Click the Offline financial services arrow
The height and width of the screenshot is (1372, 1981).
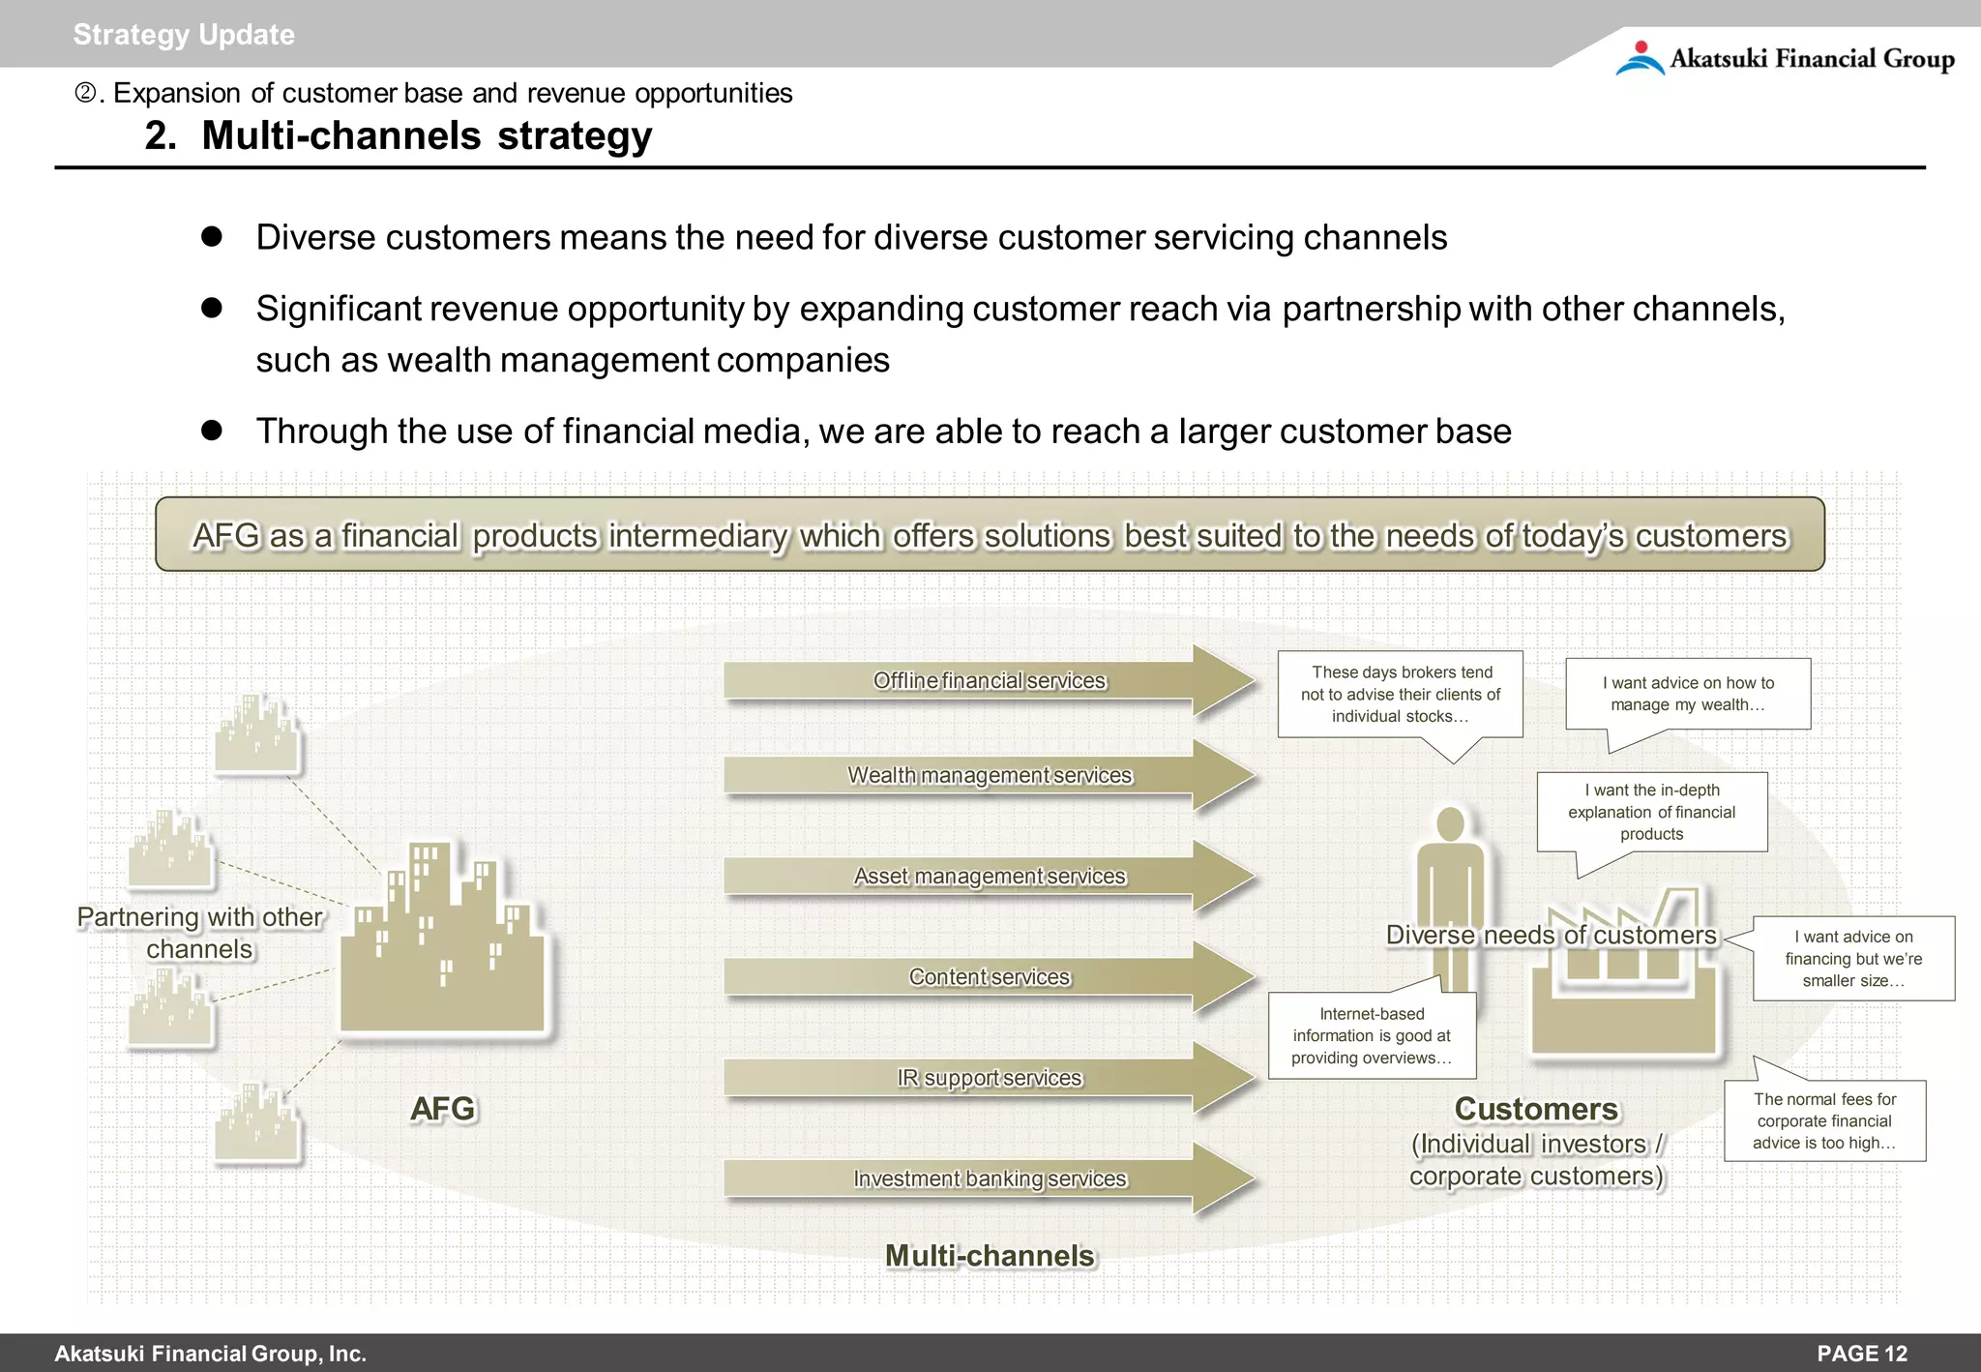click(x=989, y=681)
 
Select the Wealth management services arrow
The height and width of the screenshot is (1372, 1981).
click(x=989, y=776)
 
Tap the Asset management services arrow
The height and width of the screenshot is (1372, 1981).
click(x=989, y=877)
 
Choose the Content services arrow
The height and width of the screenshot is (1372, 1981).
click(x=989, y=977)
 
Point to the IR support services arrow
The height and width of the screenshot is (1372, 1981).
click(x=989, y=1078)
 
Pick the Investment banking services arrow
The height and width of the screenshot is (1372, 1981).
click(x=989, y=1178)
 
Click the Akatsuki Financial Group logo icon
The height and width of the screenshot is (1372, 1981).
click(x=1640, y=58)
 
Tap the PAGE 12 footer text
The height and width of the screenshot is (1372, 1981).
click(x=1861, y=1353)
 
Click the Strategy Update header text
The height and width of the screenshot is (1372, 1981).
click(x=184, y=35)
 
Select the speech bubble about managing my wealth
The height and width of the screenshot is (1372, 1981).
click(x=1688, y=694)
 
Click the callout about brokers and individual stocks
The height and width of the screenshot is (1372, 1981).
click(x=1400, y=695)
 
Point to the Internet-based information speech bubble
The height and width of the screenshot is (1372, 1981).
click(x=1372, y=1035)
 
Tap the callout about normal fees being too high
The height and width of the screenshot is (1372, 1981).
click(x=1824, y=1120)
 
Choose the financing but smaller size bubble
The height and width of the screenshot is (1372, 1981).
click(x=1853, y=958)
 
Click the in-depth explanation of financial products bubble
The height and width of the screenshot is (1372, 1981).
click(x=1651, y=812)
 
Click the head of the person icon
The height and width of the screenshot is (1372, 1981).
click(x=1450, y=823)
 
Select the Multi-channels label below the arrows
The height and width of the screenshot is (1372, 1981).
click(x=989, y=1256)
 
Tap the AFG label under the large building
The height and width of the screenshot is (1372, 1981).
click(x=442, y=1109)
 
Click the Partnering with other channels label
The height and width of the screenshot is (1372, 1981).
click(x=199, y=933)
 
